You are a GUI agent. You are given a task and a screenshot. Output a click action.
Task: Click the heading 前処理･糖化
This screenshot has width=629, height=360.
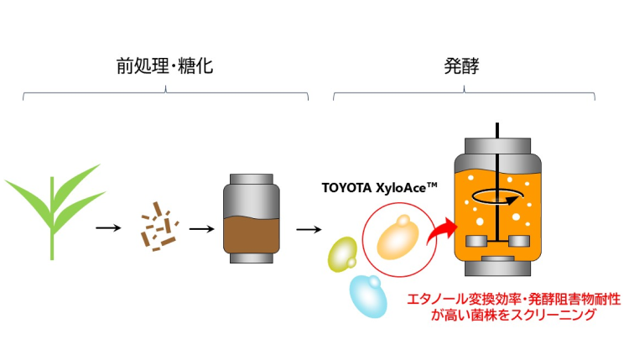click(164, 65)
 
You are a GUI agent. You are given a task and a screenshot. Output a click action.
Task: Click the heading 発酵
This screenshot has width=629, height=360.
click(461, 65)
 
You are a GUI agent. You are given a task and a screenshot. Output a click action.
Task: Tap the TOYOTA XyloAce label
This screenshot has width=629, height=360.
click(379, 187)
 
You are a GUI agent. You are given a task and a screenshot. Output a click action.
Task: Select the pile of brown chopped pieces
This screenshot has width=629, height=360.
click(159, 227)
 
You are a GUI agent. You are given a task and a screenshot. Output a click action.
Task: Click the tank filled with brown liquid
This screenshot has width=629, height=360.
click(252, 218)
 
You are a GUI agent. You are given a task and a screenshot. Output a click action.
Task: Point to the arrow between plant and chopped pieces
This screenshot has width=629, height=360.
click(108, 228)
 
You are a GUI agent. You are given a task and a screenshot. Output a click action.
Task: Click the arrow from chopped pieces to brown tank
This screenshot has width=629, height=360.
click(202, 229)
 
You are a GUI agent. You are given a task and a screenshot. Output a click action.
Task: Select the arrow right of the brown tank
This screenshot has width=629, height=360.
click(309, 229)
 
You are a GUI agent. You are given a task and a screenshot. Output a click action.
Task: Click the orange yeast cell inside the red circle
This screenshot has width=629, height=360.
click(398, 238)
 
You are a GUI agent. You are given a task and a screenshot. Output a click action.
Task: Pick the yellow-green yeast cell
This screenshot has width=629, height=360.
click(342, 254)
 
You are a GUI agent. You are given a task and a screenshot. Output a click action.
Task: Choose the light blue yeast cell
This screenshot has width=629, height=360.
click(368, 296)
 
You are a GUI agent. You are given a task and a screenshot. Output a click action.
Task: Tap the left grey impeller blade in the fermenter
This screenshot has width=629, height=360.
click(476, 241)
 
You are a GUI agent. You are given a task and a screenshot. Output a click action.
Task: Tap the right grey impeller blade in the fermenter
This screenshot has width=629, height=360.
click(519, 241)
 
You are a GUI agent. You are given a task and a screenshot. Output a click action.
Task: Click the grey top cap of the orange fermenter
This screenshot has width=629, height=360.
click(497, 146)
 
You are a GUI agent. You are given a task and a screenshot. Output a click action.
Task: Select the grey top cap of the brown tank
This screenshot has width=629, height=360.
click(252, 179)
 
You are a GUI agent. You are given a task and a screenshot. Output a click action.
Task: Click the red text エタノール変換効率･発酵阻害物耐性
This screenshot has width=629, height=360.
click(514, 299)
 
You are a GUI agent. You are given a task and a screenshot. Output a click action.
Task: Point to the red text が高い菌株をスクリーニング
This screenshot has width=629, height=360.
click(513, 315)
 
